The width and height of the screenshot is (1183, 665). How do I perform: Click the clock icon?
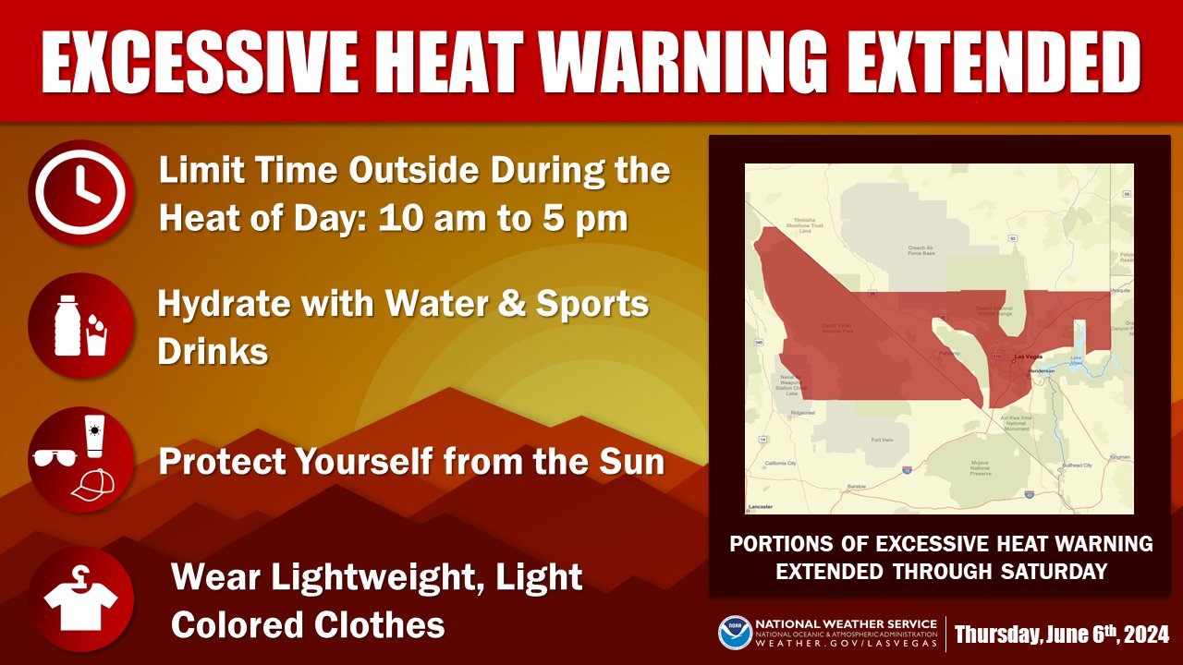(81, 192)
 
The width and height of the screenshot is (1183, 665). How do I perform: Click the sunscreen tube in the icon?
(94, 436)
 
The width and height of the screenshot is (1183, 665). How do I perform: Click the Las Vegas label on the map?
(1031, 357)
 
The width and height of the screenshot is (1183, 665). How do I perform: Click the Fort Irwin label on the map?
(882, 441)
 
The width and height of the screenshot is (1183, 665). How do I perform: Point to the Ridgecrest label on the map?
(803, 413)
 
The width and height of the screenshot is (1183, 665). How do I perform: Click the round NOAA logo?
(735, 634)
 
